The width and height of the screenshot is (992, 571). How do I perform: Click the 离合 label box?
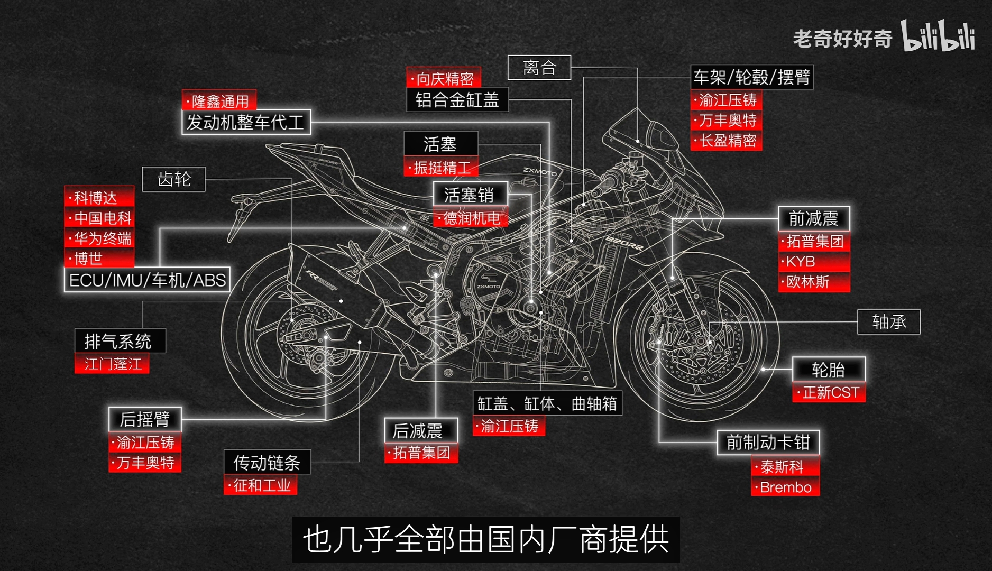pyautogui.click(x=539, y=68)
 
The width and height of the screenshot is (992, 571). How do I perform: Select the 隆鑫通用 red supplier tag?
pyautogui.click(x=219, y=100)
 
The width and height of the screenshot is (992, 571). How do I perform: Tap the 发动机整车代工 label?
pyautogui.click(x=246, y=122)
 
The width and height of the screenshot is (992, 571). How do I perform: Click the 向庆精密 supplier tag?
pyautogui.click(x=444, y=78)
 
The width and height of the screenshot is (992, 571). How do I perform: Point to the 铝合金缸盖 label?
pyautogui.click(x=457, y=99)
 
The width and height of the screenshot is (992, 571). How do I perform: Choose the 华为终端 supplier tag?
pyautogui.click(x=99, y=238)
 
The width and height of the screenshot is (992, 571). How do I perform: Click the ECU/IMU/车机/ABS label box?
pyautogui.click(x=148, y=280)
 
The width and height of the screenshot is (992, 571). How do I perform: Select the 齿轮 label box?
pyautogui.click(x=173, y=179)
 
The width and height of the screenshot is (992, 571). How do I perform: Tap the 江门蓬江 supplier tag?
pyautogui.click(x=112, y=363)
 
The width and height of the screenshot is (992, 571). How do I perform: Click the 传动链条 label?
pyautogui.click(x=267, y=462)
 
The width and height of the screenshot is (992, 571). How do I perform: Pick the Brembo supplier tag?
pyautogui.click(x=785, y=487)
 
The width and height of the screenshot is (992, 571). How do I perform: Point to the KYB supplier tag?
pyautogui.click(x=814, y=261)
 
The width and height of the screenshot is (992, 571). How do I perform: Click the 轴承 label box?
pyautogui.click(x=889, y=322)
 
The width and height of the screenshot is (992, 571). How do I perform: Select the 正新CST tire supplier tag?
pyautogui.click(x=829, y=392)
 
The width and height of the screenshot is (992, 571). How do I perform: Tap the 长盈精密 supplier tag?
pyautogui.click(x=727, y=141)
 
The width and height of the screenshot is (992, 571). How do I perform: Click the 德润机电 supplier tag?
pyautogui.click(x=471, y=217)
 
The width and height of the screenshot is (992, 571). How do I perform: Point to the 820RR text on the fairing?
pyautogui.click(x=624, y=244)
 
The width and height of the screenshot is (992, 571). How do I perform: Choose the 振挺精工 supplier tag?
pyautogui.click(x=441, y=167)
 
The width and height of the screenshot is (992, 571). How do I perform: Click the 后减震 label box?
pyautogui.click(x=421, y=431)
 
